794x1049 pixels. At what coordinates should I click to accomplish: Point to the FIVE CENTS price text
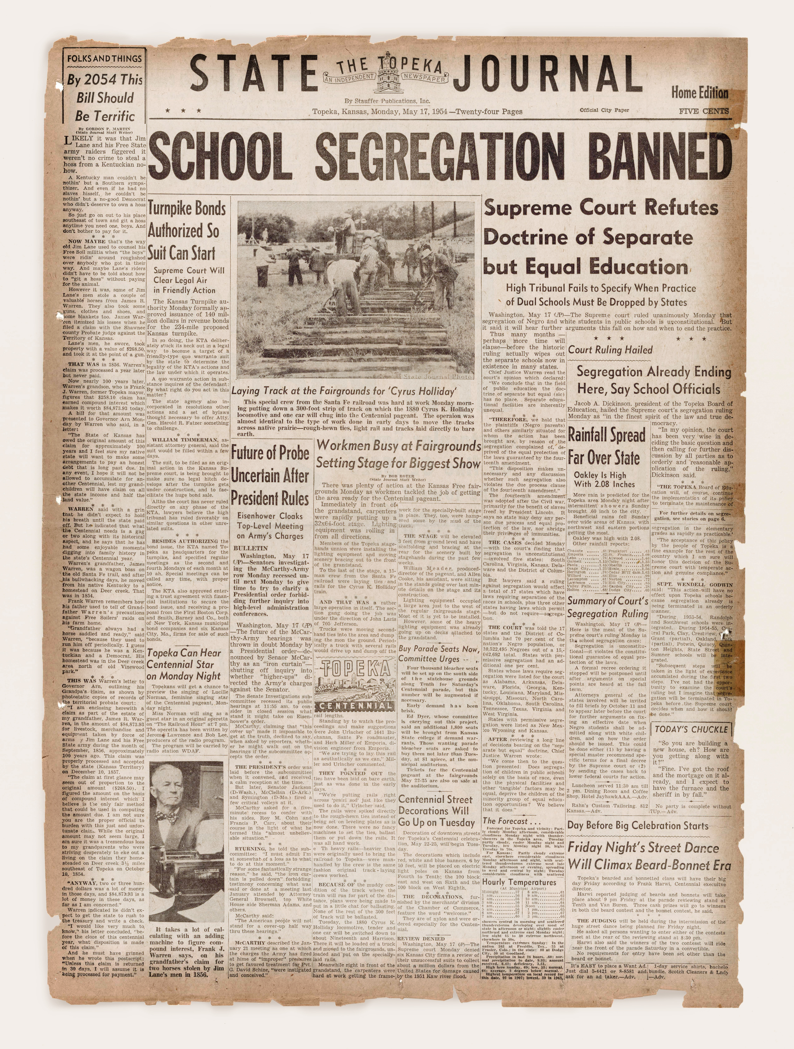[703, 111]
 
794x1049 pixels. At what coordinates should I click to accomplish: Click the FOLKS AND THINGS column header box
[104, 59]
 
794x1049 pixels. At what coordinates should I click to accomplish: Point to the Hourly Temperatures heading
[519, 882]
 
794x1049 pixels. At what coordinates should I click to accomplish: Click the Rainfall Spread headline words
[607, 435]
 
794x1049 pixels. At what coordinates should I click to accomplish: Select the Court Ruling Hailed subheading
[610, 350]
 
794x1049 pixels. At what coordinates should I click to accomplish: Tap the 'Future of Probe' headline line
[270, 453]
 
